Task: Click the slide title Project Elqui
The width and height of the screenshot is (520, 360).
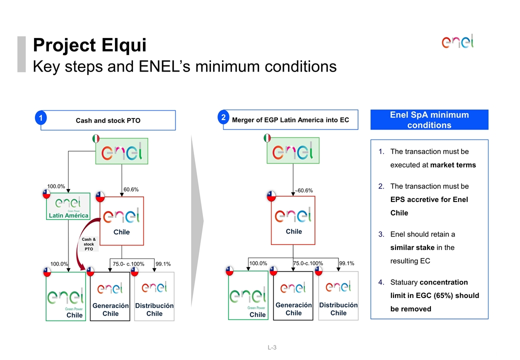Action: [x=89, y=45]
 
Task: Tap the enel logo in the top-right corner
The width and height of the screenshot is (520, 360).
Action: [x=457, y=41]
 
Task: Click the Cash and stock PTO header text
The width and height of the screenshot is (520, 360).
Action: [x=108, y=120]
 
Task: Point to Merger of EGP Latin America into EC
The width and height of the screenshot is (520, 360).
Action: [x=290, y=120]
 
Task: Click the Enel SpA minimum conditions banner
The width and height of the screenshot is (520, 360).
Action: [x=429, y=120]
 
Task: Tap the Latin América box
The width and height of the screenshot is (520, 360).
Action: [x=68, y=206]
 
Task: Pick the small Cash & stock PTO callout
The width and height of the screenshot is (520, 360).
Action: [x=89, y=244]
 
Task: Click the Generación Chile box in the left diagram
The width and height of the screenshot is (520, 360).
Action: [x=110, y=296]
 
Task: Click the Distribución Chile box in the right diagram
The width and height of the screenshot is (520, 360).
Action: [x=338, y=296]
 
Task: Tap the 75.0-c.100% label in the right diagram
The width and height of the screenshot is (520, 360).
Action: [x=308, y=263]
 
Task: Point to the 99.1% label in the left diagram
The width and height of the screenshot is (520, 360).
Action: [x=163, y=263]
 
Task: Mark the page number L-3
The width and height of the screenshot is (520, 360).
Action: [x=272, y=347]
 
